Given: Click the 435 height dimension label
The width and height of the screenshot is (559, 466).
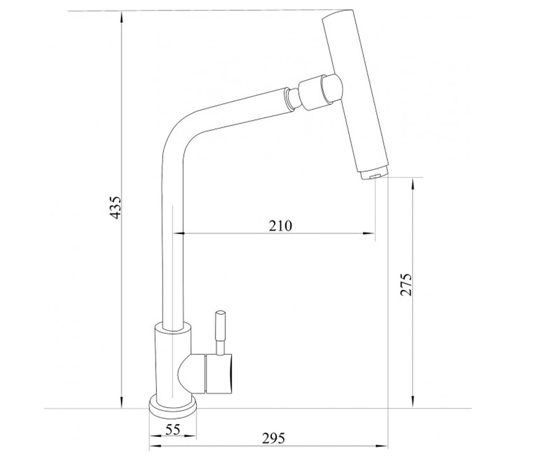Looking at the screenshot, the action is click(x=116, y=207).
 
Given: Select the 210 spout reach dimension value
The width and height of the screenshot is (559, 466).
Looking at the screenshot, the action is click(x=280, y=226).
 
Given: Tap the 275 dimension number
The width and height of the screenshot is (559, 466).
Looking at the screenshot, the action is click(x=406, y=284).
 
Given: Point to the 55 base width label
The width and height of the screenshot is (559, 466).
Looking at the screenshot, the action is click(x=173, y=430).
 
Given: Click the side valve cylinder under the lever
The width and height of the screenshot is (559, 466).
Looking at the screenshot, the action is click(x=219, y=374).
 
